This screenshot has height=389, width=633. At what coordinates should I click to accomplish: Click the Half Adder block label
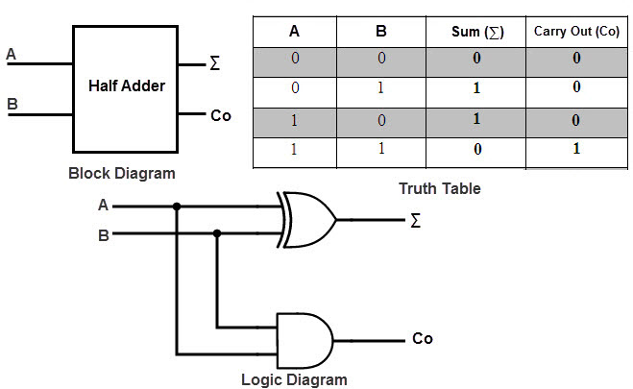pos(127,85)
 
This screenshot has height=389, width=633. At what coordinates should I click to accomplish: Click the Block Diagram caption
pos(122,174)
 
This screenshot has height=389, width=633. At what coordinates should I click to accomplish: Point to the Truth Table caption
pos(440,188)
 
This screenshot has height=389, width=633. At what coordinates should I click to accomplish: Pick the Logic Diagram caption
pos(295,379)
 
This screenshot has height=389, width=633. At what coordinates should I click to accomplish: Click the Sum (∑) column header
pos(477,32)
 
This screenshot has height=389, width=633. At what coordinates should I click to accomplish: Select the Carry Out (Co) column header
pos(576,32)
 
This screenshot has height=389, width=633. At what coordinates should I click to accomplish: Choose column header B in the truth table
pos(380,32)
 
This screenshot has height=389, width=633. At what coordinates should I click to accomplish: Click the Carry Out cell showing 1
pos(576,151)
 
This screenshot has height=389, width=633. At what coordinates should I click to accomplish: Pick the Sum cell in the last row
pos(477,151)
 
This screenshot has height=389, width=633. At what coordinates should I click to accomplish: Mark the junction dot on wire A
pos(176,206)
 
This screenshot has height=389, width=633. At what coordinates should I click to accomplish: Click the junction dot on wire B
pos(217,232)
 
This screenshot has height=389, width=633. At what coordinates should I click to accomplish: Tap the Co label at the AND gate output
pos(423,338)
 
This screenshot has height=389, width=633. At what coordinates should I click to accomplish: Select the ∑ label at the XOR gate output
pos(415,221)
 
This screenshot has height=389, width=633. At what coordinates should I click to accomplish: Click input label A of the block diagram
pos(12,55)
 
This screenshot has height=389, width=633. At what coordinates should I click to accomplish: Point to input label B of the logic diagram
pos(104,233)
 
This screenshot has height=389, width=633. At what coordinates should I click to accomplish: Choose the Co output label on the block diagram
pos(221,116)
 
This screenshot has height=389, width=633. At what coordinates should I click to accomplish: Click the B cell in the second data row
pos(380,88)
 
